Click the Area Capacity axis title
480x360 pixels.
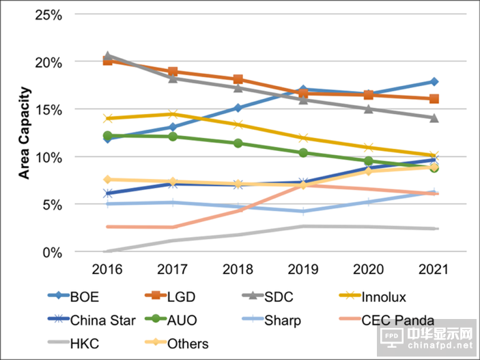click(25, 133)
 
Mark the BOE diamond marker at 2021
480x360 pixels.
click(433, 82)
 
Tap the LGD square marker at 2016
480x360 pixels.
click(108, 61)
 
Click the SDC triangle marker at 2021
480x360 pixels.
click(433, 117)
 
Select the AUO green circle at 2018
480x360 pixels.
click(238, 143)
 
